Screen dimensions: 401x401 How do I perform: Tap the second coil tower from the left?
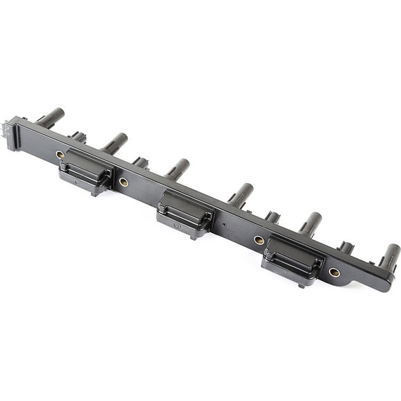(115, 142)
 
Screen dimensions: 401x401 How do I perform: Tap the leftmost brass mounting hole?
(60, 153)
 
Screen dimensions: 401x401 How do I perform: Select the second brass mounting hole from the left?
(123, 182)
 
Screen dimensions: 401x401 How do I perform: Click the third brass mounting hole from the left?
(259, 240)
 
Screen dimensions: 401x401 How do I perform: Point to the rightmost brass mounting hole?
(334, 273)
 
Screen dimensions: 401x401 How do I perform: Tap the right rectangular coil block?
(291, 259)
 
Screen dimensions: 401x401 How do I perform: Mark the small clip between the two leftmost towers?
(78, 137)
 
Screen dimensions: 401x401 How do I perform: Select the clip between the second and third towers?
(141, 163)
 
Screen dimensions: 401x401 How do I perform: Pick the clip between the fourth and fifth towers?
(272, 217)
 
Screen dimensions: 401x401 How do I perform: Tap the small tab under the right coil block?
(302, 283)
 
